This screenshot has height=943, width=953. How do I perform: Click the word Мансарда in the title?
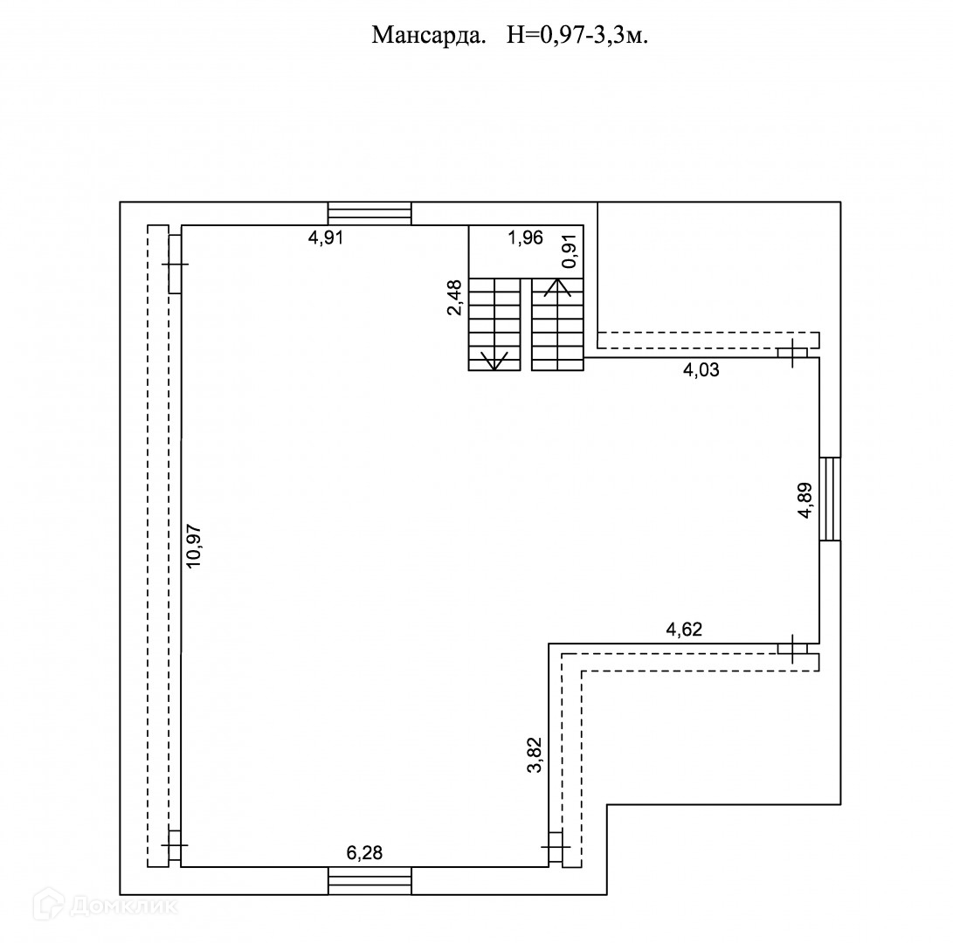pos(429,36)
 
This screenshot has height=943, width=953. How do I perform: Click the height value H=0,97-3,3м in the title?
pos(577,36)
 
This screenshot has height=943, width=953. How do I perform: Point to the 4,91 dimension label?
pos(326,237)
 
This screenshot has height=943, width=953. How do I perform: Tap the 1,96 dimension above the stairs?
pos(525,237)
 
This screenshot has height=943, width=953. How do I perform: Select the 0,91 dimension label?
pos(570,251)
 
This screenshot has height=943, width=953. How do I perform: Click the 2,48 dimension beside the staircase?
pos(454,297)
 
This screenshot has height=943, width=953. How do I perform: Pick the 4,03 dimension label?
pos(701,369)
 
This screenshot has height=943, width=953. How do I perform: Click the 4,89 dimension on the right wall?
pos(805,500)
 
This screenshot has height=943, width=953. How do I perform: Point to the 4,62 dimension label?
pos(684,630)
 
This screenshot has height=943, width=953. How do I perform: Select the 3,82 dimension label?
pos(535,754)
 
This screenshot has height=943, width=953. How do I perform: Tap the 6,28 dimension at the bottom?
pos(364,853)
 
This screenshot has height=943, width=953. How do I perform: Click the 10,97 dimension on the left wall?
pos(194,547)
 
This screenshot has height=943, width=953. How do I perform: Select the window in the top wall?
pos(369,213)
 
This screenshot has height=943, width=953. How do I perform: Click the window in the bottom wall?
pos(369,880)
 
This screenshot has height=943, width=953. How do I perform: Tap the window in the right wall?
pos(830,499)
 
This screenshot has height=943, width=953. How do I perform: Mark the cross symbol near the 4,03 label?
pos(792,353)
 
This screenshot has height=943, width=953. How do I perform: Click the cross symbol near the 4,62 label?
pos(792,648)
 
